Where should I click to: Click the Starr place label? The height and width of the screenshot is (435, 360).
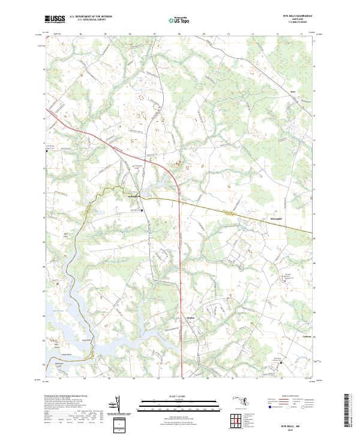coord(293,92)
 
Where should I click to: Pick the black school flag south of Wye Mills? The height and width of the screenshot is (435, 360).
coord(142,211)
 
